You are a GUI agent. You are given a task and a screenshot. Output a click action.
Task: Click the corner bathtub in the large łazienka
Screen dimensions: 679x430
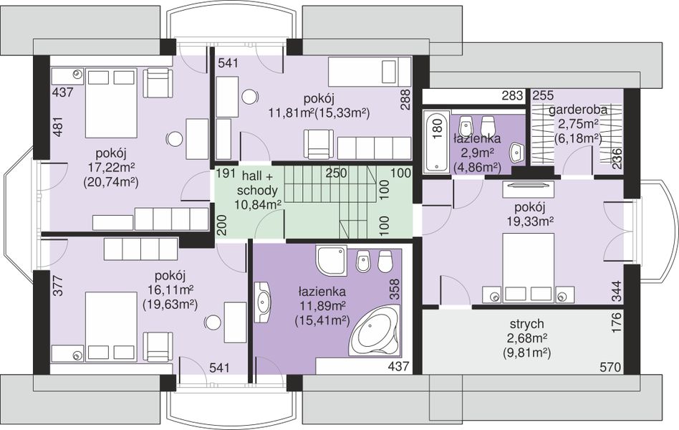(x=375, y=330)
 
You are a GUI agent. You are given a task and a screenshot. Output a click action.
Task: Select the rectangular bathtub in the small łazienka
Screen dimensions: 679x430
(x=435, y=141)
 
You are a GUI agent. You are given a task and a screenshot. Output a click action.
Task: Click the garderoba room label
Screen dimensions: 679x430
(x=578, y=110)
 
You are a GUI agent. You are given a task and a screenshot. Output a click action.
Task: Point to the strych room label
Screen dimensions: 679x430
(x=526, y=324)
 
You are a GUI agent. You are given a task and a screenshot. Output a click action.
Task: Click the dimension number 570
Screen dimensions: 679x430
(x=610, y=368)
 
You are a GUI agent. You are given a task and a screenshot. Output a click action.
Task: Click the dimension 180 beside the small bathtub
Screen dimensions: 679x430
(x=437, y=129)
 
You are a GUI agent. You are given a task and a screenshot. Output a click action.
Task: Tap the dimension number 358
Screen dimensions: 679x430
(x=395, y=289)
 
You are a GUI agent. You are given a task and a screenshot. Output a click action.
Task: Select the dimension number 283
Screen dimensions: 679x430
(x=512, y=95)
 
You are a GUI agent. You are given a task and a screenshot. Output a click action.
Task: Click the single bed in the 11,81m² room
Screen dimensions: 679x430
(x=369, y=73)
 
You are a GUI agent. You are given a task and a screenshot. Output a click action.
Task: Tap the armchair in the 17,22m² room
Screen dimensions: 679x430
(x=158, y=84)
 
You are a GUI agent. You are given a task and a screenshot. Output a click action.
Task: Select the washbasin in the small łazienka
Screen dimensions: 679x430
(x=516, y=153)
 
